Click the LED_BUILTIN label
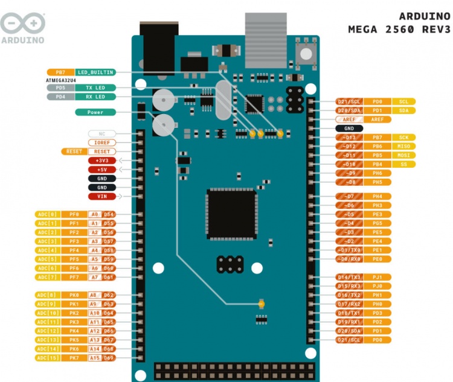95,72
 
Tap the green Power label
95,112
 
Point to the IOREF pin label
101,142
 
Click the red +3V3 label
101,161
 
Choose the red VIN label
101,196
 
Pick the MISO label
403,146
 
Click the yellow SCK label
403,138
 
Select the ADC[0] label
47,214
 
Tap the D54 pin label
109,214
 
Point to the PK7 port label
74,358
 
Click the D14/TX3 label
350,277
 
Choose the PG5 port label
377,223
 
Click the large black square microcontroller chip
232,214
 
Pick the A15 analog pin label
94,358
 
